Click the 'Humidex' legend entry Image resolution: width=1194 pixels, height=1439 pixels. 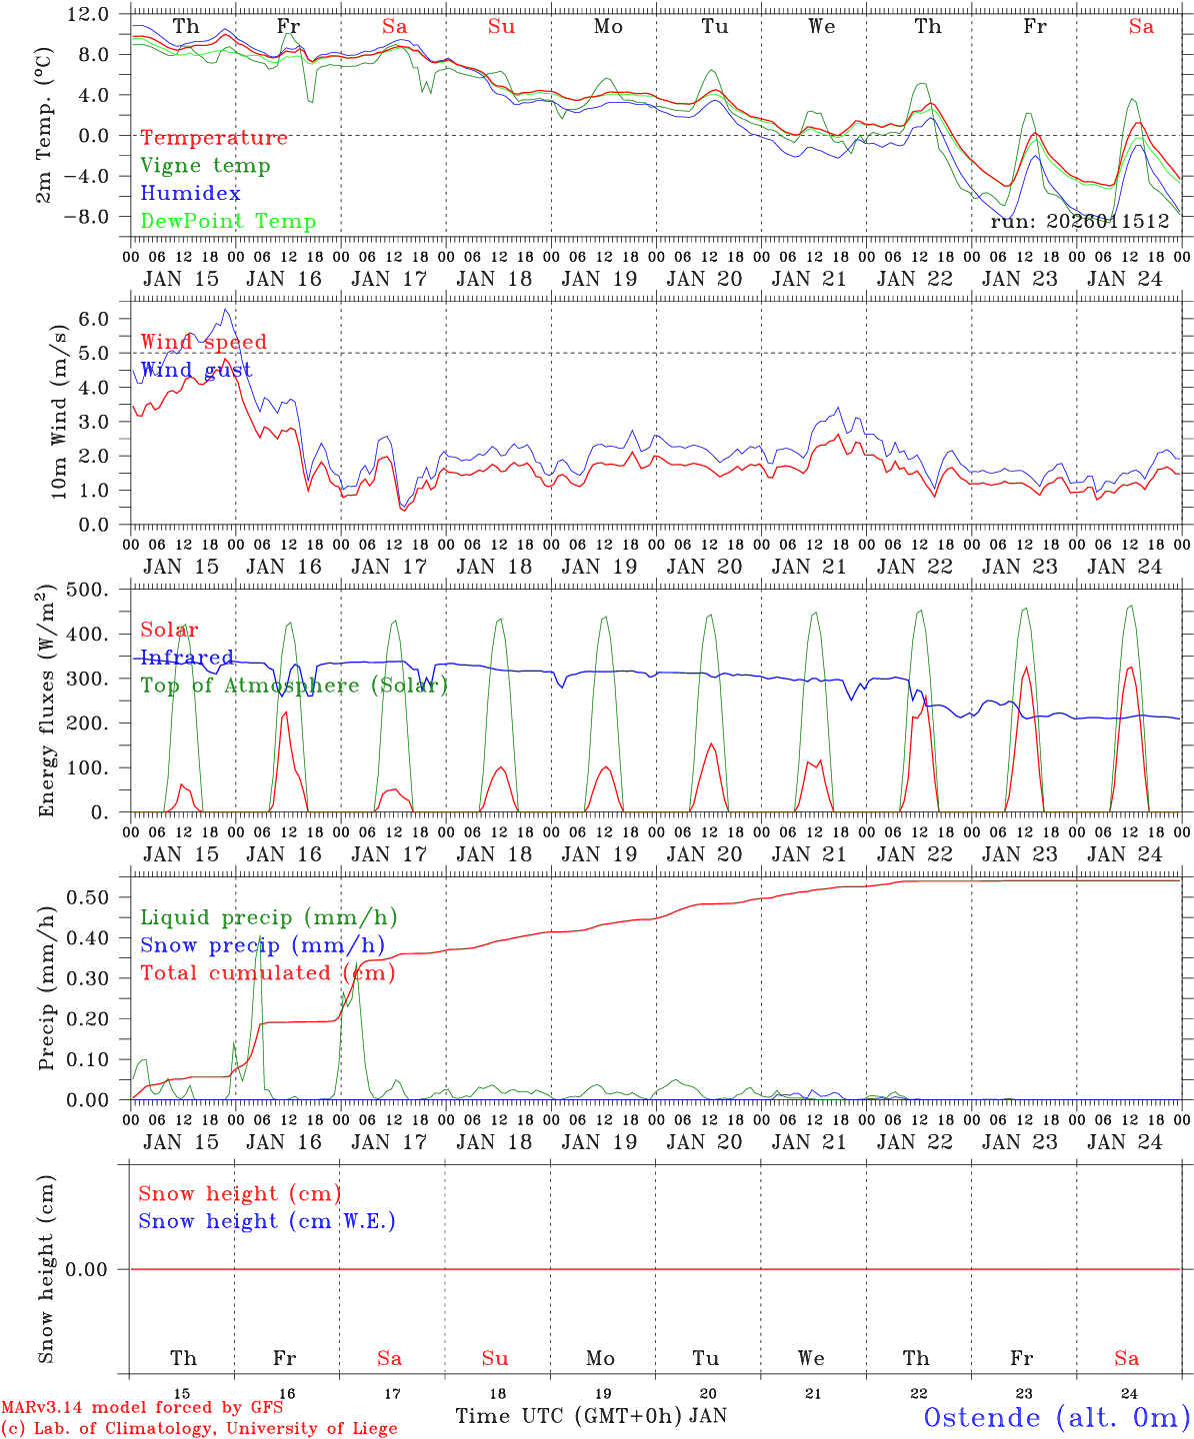(x=190, y=194)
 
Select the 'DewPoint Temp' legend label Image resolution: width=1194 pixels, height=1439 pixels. (x=228, y=222)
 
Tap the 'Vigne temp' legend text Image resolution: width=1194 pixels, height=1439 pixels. (x=205, y=166)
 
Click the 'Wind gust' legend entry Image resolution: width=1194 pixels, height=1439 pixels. (x=196, y=371)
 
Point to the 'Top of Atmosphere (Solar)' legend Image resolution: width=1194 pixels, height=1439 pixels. (x=294, y=686)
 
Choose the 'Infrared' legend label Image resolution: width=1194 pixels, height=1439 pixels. (x=187, y=658)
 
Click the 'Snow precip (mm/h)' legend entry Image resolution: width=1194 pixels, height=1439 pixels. (x=262, y=945)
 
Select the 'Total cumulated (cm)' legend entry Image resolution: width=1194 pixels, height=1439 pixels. (x=267, y=973)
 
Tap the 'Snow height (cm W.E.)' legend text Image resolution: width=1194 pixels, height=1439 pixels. (x=267, y=1221)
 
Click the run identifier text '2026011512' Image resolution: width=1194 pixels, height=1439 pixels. (x=1108, y=222)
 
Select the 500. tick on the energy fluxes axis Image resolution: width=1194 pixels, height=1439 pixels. (x=88, y=590)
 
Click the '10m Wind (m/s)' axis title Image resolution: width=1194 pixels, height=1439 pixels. (x=60, y=411)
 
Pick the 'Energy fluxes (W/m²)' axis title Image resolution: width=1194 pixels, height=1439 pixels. (x=46, y=704)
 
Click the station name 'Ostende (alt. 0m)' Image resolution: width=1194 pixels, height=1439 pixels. (x=1056, y=1417)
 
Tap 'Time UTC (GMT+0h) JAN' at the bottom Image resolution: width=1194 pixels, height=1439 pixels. (x=591, y=1416)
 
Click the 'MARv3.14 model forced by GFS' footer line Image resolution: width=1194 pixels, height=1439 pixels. (x=142, y=1408)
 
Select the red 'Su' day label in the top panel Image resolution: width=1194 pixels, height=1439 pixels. (x=501, y=27)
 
